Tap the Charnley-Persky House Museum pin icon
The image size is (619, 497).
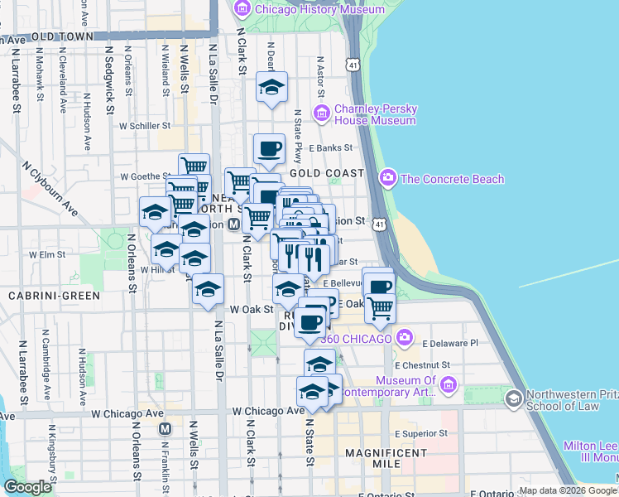pyautogui.click(x=323, y=112)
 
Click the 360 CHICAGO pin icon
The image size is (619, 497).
pyautogui.click(x=405, y=337)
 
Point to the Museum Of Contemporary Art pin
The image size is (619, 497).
pyautogui.click(x=449, y=384)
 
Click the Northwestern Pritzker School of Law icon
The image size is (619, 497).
pyautogui.click(x=514, y=399)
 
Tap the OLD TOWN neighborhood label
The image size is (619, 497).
pyautogui.click(x=61, y=36)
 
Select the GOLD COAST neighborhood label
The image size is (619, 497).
pyautogui.click(x=327, y=173)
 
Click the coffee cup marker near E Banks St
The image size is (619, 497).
pyautogui.click(x=269, y=150)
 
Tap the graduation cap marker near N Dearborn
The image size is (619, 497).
pyautogui.click(x=271, y=87)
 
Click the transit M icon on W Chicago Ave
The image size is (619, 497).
pyautogui.click(x=165, y=428)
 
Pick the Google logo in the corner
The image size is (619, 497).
pyautogui.click(x=27, y=487)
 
